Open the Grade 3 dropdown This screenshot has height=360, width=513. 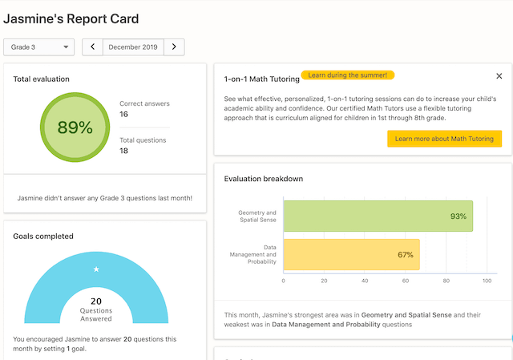(x=39, y=47)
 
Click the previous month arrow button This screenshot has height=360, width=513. (x=93, y=47)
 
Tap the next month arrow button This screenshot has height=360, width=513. (x=174, y=47)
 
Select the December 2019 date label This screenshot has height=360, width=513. (x=133, y=47)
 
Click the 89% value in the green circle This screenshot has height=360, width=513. (x=75, y=127)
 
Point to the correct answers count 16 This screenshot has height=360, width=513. (x=124, y=115)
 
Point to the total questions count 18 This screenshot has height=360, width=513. (x=124, y=151)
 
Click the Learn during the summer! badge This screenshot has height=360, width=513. (x=348, y=75)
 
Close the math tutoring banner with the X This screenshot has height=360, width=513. (x=499, y=76)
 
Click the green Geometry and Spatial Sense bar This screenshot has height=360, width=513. (x=377, y=216)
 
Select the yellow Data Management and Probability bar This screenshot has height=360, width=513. (x=351, y=255)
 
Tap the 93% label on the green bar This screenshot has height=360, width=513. (x=458, y=216)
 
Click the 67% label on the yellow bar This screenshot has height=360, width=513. (x=406, y=255)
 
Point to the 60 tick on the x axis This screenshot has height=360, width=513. (x=406, y=281)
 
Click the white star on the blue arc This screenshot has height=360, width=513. (x=96, y=269)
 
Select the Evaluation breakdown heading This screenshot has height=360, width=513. (x=264, y=179)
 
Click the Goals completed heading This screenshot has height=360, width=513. (x=43, y=237)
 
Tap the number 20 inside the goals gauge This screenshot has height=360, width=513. (x=96, y=301)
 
